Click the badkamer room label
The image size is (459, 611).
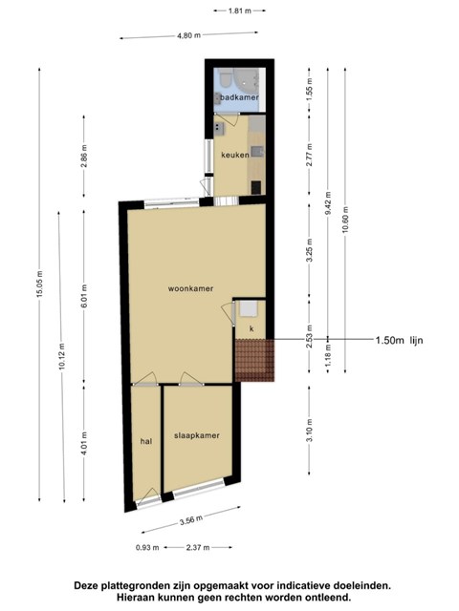click(x=239, y=97)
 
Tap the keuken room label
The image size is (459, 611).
click(x=235, y=155)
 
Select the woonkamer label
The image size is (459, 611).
click(x=190, y=288)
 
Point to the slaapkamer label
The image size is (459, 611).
click(x=197, y=435)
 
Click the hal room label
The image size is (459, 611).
click(x=146, y=441)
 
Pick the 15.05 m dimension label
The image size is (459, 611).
click(x=40, y=284)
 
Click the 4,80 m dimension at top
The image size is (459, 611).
click(x=189, y=35)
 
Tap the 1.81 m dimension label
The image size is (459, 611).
click(x=240, y=11)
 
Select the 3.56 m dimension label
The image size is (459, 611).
click(x=191, y=520)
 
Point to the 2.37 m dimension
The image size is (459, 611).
click(x=198, y=547)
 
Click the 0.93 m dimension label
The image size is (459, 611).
click(x=147, y=547)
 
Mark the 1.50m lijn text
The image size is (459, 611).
click(x=400, y=340)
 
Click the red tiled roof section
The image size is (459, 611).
click(x=255, y=360)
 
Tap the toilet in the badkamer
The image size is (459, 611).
click(x=225, y=79)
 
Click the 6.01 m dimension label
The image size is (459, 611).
click(x=84, y=296)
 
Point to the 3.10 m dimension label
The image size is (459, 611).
click(x=310, y=431)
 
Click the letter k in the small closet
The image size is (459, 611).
click(x=251, y=328)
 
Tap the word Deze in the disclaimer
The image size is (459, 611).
click(x=85, y=585)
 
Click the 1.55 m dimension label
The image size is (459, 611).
click(x=310, y=90)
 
